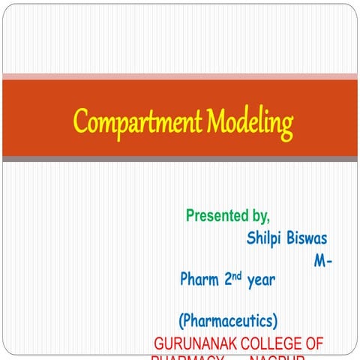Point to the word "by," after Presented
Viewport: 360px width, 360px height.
(x=259, y=217)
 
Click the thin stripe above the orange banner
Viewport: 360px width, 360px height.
(x=180, y=76)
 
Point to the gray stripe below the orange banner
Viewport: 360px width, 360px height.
(x=180, y=158)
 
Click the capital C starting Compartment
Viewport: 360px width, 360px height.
(x=80, y=121)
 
